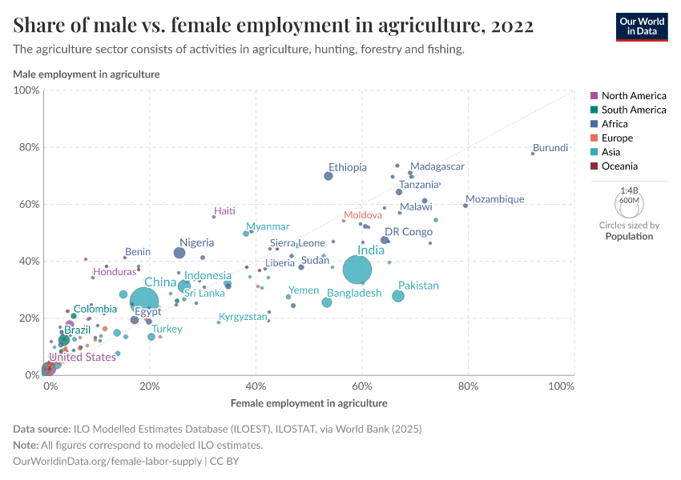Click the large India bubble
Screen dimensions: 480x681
[358, 270]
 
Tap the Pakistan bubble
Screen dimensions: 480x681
[398, 296]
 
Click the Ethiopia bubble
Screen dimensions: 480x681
[328, 176]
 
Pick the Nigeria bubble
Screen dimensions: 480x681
[179, 253]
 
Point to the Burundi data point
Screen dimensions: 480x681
[532, 153]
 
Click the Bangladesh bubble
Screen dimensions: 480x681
[327, 302]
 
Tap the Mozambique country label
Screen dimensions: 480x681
[494, 199]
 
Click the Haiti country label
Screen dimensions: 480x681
[224, 211]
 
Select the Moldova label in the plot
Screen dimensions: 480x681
[362, 216]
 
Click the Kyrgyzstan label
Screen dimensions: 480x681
[243, 317]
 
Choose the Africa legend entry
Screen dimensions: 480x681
[615, 124]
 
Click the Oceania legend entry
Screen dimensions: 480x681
[619, 166]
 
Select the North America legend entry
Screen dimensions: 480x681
[633, 96]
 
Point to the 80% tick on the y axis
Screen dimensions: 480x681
[29, 147]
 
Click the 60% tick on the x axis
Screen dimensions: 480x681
[362, 386]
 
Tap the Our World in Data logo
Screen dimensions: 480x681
[641, 26]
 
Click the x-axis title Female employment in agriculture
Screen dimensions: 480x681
[308, 403]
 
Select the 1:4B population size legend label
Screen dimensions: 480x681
[630, 191]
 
